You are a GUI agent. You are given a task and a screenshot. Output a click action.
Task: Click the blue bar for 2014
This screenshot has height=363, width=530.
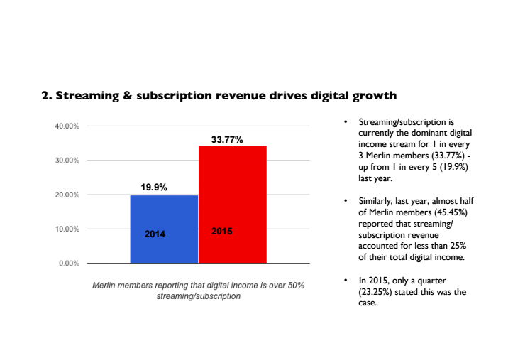pos(164,213)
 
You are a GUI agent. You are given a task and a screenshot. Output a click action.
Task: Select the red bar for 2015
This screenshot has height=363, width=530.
pos(232,192)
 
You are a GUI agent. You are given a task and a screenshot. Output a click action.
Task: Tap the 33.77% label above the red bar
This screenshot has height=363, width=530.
pos(227,140)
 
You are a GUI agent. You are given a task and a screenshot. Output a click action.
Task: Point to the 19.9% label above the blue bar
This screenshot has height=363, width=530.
pos(153,188)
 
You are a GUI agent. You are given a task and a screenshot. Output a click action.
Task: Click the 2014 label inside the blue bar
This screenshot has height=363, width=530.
pos(155,233)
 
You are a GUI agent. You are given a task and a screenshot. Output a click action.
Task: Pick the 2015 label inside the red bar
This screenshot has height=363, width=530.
pos(222,232)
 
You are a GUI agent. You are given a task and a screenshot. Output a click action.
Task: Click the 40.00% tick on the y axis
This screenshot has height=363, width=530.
pos(67,126)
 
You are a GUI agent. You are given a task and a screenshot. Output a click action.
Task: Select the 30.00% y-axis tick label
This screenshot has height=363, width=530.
pos(67,161)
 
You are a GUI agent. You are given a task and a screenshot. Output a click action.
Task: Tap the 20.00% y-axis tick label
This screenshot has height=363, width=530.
pos(67,195)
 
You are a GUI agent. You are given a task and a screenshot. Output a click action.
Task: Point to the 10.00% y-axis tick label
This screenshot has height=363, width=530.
pos(67,229)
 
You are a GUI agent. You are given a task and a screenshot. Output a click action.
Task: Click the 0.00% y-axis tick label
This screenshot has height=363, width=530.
pos(69,264)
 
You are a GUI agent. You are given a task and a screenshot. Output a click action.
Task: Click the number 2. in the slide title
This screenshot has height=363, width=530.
pos(48,94)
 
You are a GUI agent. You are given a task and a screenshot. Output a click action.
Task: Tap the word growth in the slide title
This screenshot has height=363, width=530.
pos(371,94)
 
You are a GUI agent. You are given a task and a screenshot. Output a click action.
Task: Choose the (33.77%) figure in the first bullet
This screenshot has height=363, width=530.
pos(451,156)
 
